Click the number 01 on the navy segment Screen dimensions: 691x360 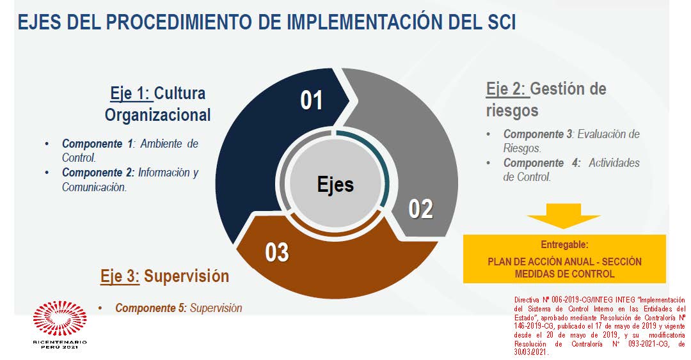coord(312,100)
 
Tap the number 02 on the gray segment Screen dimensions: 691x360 coord(421,209)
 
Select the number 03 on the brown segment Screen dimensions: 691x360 coord(277,253)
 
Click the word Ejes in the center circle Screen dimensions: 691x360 coord(335,184)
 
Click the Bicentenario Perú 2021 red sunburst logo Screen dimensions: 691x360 coord(60,318)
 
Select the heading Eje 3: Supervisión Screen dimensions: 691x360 coord(165,276)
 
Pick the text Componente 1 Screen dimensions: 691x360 coord(97,144)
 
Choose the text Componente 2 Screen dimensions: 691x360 coord(98,172)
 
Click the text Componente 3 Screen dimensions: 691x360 coord(538,134)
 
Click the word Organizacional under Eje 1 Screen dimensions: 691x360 coord(158,115)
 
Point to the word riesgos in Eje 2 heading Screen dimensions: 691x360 coord(512,110)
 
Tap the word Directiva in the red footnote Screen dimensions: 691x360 coord(526,300)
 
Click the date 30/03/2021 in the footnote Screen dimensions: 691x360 coord(532,352)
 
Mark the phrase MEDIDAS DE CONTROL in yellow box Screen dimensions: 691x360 coord(564,274)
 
